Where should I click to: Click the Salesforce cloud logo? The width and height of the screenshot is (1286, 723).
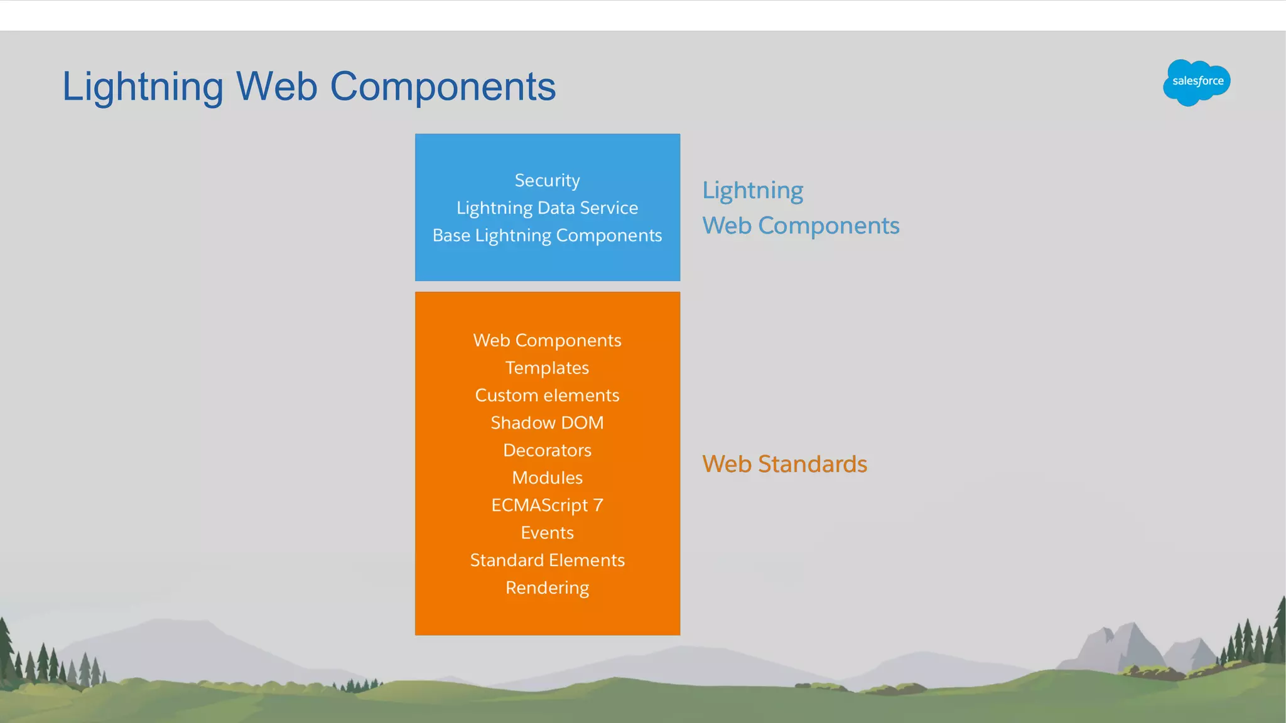pos(1196,82)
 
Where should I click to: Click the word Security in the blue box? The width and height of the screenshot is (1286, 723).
pos(547,181)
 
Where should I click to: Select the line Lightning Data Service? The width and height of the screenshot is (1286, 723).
pos(547,208)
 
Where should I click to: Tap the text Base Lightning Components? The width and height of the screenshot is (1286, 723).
pos(547,235)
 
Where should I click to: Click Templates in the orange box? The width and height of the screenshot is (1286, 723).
pos(547,368)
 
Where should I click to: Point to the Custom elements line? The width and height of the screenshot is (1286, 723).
pos(547,395)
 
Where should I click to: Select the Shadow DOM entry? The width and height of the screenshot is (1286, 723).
pos(547,423)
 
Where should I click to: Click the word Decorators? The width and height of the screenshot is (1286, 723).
pos(547,451)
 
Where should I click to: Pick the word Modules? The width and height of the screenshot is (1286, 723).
pos(547,478)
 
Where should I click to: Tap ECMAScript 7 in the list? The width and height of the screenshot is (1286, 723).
pos(547,505)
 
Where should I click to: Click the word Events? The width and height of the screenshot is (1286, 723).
pos(547,533)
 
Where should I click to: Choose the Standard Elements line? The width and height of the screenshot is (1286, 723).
pos(547,560)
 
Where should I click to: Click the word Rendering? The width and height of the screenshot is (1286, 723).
pos(547,588)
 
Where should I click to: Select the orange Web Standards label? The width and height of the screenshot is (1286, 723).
pos(784,464)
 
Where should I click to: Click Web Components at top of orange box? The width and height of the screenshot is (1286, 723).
pos(547,340)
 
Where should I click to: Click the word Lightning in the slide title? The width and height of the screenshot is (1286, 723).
pos(143,87)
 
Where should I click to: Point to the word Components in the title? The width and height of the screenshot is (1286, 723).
pos(443,87)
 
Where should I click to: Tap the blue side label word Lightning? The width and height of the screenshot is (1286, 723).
pos(752,191)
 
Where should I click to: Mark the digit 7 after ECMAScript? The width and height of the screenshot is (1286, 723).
pos(598,505)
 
